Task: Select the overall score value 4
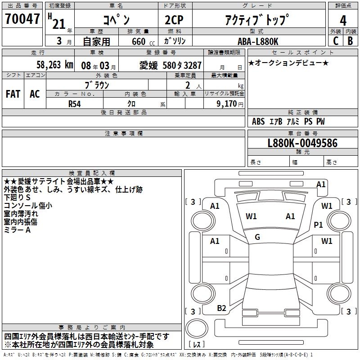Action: point(343,20)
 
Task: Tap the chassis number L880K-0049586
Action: point(302,144)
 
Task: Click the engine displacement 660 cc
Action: point(138,41)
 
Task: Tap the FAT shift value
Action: point(13,94)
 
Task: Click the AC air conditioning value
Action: point(35,94)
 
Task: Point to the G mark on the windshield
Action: point(257,237)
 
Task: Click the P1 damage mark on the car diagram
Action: point(319,225)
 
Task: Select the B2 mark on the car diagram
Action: point(221,308)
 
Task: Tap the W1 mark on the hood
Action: point(251,216)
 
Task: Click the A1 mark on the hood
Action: point(291,216)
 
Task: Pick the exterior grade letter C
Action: point(335,41)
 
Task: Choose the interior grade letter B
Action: point(350,41)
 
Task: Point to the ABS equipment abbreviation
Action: point(258,121)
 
